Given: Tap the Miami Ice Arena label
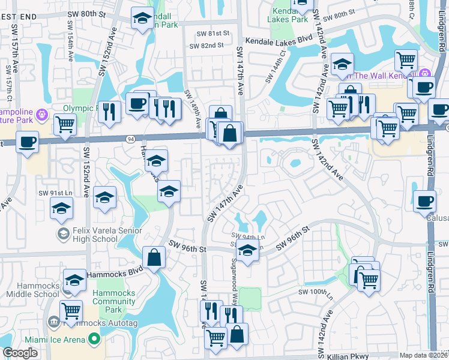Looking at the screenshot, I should tap(57, 339).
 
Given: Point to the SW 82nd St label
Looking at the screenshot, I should tap(206, 46).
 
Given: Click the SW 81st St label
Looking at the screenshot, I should tap(206, 34).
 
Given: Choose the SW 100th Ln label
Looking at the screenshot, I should tap(316, 292).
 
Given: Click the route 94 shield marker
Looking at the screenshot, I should tap(130, 139).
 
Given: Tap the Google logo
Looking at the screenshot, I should tap(20, 353).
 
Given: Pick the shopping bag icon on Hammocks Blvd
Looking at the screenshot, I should tap(154, 257).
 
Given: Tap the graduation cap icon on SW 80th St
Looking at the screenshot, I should tap(142, 18).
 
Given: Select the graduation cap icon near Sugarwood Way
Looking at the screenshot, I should tap(246, 251).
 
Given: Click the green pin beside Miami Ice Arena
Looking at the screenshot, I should tap(94, 339).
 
